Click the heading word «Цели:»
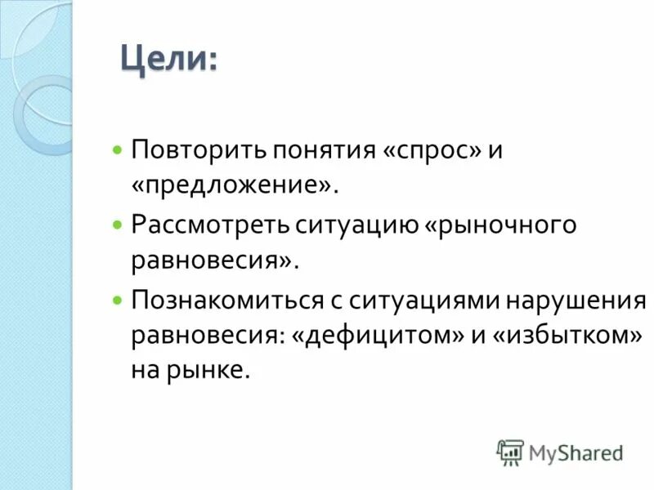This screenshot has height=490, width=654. coord(168,60)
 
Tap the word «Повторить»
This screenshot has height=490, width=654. coord(190,150)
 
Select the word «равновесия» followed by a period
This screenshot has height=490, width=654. coord(209,261)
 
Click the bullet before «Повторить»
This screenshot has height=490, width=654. coord(118,151)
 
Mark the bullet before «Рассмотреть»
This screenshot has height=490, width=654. coord(118,225)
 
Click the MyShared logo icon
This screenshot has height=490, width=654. coord(510,451)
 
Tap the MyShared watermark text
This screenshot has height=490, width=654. coord(575,452)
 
